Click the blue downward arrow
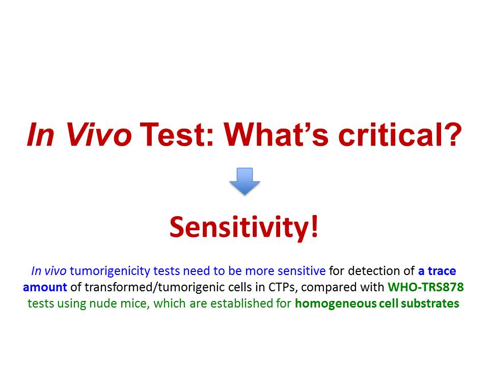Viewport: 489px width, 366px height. click(245, 181)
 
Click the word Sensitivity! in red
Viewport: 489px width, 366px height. click(244, 227)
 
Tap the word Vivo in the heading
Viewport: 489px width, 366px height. click(99, 134)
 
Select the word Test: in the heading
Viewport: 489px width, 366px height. click(177, 134)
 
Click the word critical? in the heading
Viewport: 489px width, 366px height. click(400, 134)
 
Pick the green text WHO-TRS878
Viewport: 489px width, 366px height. click(426, 287)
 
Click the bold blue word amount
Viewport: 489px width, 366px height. click(45, 287)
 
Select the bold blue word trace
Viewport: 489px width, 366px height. click(442, 271)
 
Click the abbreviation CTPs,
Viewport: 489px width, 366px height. click(283, 287)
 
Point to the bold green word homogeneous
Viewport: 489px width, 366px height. click(330, 303)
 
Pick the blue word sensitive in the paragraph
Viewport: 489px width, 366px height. click(302, 271)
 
